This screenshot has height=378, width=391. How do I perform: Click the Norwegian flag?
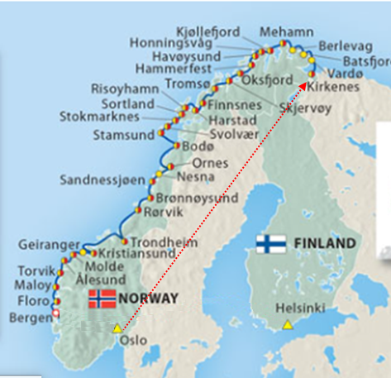103,299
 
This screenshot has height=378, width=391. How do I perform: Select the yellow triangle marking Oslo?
117,328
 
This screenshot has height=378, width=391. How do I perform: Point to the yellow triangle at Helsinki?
288,323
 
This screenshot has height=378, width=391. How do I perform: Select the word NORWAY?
148,299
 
